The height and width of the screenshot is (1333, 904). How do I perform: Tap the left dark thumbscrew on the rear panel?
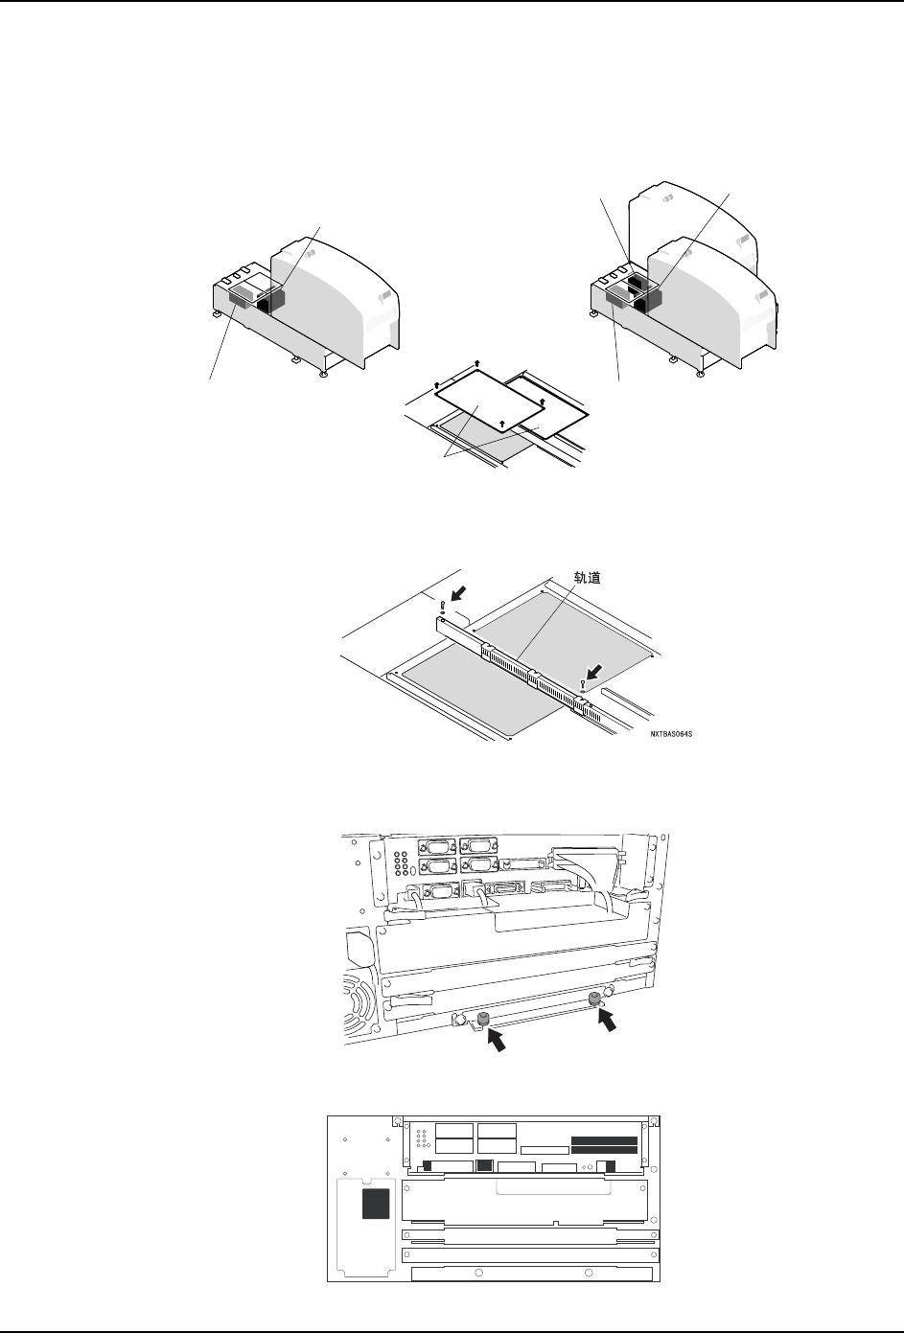pyautogui.click(x=483, y=1018)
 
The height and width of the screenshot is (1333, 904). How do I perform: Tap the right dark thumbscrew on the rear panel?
pyautogui.click(x=595, y=1001)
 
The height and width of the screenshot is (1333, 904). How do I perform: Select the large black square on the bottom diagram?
pyautogui.click(x=376, y=1205)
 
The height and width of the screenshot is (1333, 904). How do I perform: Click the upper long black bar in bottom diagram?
pyautogui.click(x=604, y=1141)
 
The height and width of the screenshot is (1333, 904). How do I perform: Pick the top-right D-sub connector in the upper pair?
pyautogui.click(x=476, y=845)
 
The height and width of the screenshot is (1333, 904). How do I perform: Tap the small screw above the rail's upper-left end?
pyautogui.click(x=441, y=606)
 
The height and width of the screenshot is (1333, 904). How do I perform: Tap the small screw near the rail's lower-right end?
pyautogui.click(x=582, y=684)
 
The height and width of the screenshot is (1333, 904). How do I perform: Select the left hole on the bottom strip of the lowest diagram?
pyautogui.click(x=477, y=1274)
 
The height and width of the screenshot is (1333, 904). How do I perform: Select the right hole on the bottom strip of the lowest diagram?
pyautogui.click(x=588, y=1274)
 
